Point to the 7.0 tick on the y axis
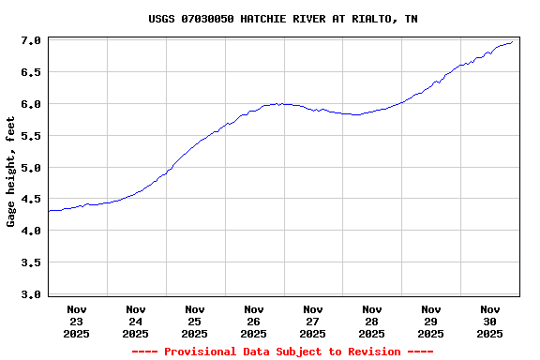pyautogui.click(x=31, y=41)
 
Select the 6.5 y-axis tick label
pyautogui.click(x=31, y=73)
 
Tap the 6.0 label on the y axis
pyautogui.click(x=31, y=105)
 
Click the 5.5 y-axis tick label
pyautogui.click(x=31, y=137)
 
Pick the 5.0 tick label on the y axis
pyautogui.click(x=31, y=169)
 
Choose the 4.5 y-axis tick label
pyautogui.click(x=31, y=200)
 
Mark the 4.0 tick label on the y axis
pyautogui.click(x=31, y=232)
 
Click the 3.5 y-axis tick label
pyautogui.click(x=31, y=263)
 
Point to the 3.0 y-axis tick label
pyautogui.click(x=31, y=295)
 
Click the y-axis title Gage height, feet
pyautogui.click(x=11, y=178)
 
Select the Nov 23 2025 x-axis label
pyautogui.click(x=77, y=321)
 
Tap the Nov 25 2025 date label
pyautogui.click(x=195, y=321)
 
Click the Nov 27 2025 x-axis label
pyautogui.click(x=313, y=321)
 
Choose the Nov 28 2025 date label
pyautogui.click(x=372, y=321)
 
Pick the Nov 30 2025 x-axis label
pyautogui.click(x=490, y=321)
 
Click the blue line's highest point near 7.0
pyautogui.click(x=513, y=41)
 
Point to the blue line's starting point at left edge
pyautogui.click(x=49, y=211)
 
